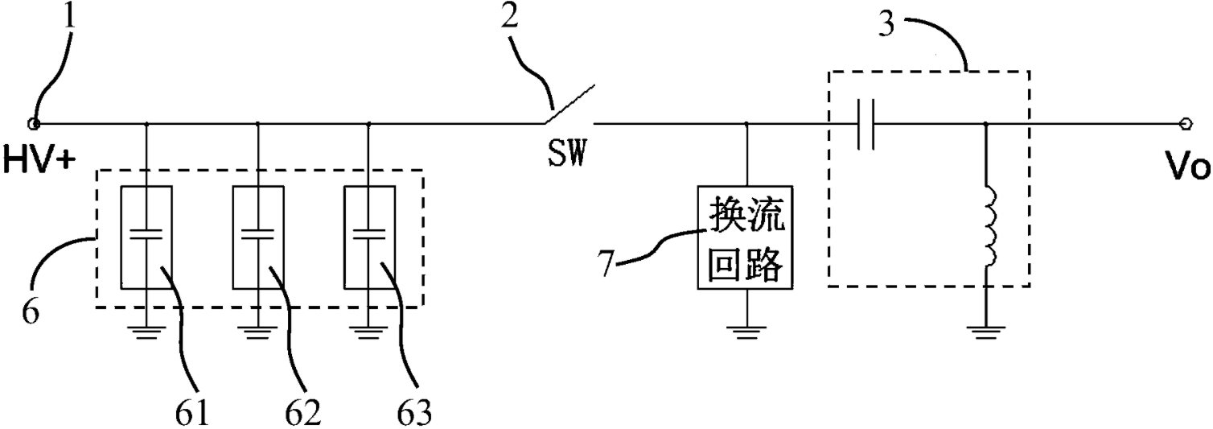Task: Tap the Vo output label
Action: [x=1189, y=169]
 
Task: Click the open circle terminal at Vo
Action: [x=1185, y=124]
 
